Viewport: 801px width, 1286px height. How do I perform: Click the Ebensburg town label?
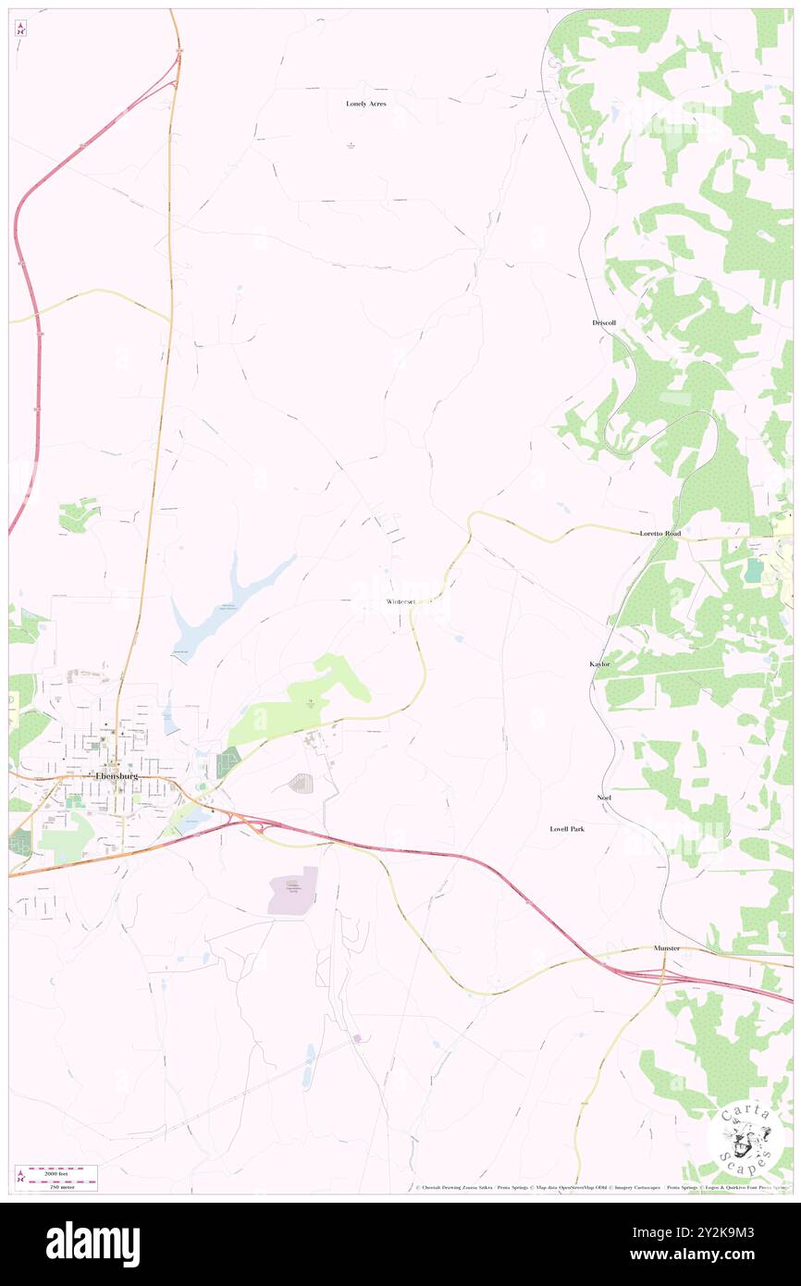pyautogui.click(x=117, y=775)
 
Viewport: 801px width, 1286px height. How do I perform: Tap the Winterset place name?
pyautogui.click(x=402, y=601)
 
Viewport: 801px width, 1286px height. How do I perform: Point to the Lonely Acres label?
pyautogui.click(x=366, y=104)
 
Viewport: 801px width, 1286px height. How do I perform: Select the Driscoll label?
pyautogui.click(x=604, y=322)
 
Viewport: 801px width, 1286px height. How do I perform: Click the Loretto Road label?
pyautogui.click(x=660, y=534)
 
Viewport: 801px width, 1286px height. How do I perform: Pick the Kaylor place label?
pyautogui.click(x=600, y=664)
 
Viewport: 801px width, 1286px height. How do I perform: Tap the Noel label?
pyautogui.click(x=604, y=797)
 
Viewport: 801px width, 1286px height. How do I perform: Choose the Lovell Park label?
pyautogui.click(x=567, y=829)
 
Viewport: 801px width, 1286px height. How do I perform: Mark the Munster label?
pyautogui.click(x=664, y=948)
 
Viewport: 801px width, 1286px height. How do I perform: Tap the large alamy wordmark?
pyautogui.click(x=92, y=1244)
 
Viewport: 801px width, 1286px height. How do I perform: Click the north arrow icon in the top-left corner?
pyautogui.click(x=19, y=28)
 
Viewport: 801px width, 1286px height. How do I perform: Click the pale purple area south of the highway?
pyautogui.click(x=293, y=892)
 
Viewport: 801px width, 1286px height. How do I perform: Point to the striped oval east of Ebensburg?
pyautogui.click(x=301, y=784)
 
